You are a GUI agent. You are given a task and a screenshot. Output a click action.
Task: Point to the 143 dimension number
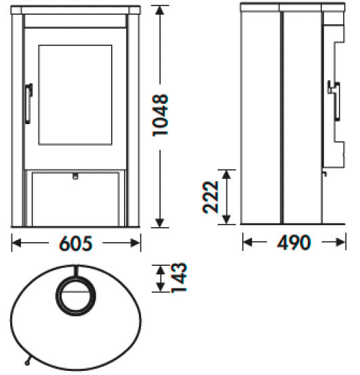coord(179,279)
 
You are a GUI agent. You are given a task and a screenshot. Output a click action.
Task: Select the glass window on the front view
coord(75,95)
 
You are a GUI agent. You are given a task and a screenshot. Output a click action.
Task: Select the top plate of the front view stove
coord(75,12)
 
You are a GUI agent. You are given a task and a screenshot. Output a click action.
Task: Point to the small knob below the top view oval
coord(27,360)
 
